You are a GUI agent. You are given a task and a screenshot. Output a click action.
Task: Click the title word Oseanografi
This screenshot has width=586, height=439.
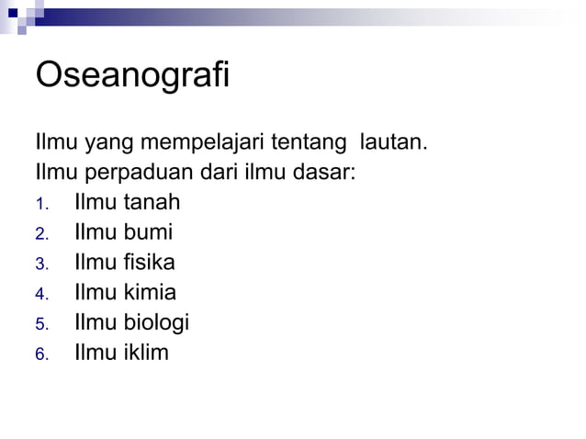click(131, 76)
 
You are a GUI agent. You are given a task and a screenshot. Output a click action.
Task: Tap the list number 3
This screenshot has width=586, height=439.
click(40, 265)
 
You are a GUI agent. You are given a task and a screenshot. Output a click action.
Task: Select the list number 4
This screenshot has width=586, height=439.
click(40, 296)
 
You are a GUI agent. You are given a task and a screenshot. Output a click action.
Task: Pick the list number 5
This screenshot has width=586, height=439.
click(40, 325)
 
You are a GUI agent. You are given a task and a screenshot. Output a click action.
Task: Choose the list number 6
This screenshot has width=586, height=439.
click(40, 355)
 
